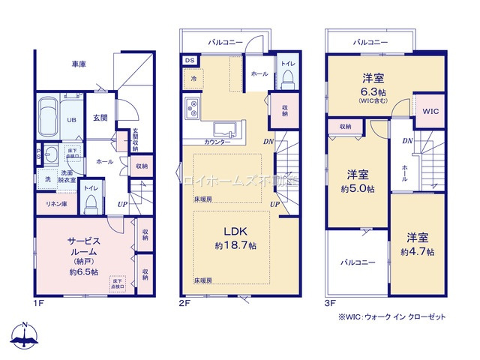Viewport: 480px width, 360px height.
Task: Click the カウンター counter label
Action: coord(217,142)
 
